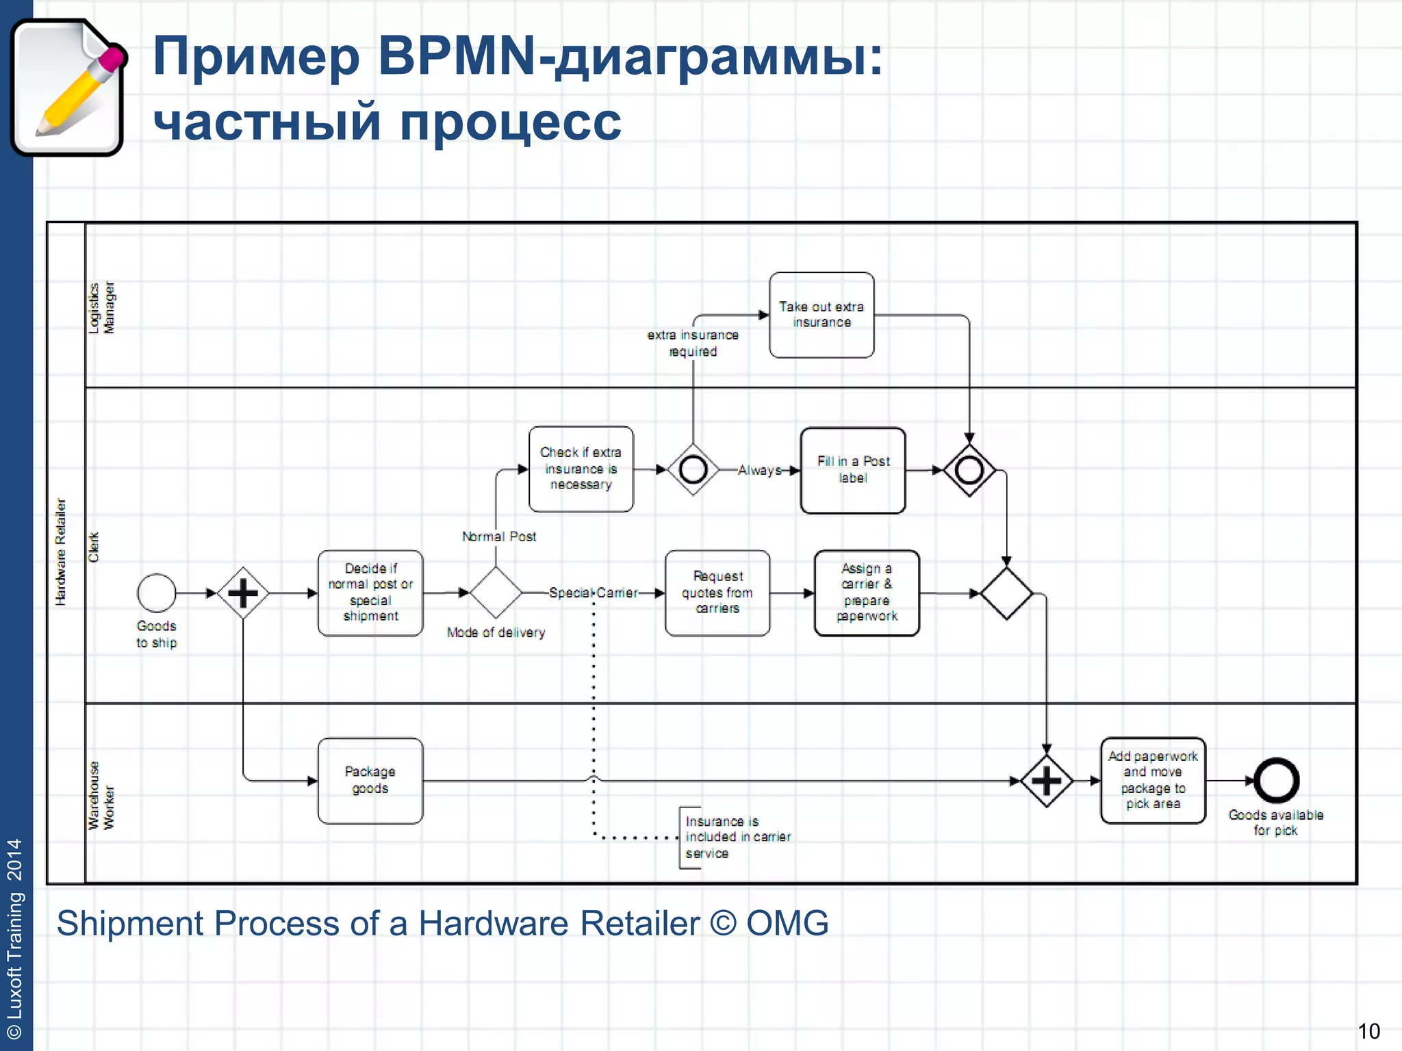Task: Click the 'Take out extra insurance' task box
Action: coord(821,315)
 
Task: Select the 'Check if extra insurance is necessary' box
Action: coord(581,469)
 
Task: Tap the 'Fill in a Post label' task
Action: coord(853,470)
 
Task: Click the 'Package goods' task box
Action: coord(370,780)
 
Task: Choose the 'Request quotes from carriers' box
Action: coord(717,593)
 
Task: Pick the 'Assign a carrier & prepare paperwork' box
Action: coord(867,593)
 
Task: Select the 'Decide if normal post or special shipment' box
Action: coord(370,593)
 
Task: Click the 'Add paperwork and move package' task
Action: coord(1153,780)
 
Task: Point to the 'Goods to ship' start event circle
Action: coord(157,593)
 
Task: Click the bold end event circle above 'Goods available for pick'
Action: coord(1276,780)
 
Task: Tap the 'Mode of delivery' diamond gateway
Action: coord(496,593)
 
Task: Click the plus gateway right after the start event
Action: coord(243,593)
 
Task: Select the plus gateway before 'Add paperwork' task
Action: coord(1046,781)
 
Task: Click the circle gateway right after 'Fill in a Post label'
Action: coord(969,470)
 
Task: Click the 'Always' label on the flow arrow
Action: coord(760,470)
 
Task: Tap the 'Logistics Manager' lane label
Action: coord(101,308)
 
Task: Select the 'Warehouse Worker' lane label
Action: coord(101,796)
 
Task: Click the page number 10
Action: coord(1368,1030)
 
